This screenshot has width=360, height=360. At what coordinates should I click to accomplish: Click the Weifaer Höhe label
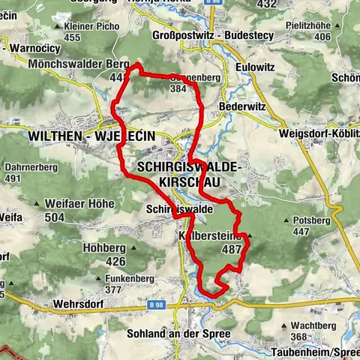tap(79, 203)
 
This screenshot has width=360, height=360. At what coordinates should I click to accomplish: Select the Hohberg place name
tap(104, 248)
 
